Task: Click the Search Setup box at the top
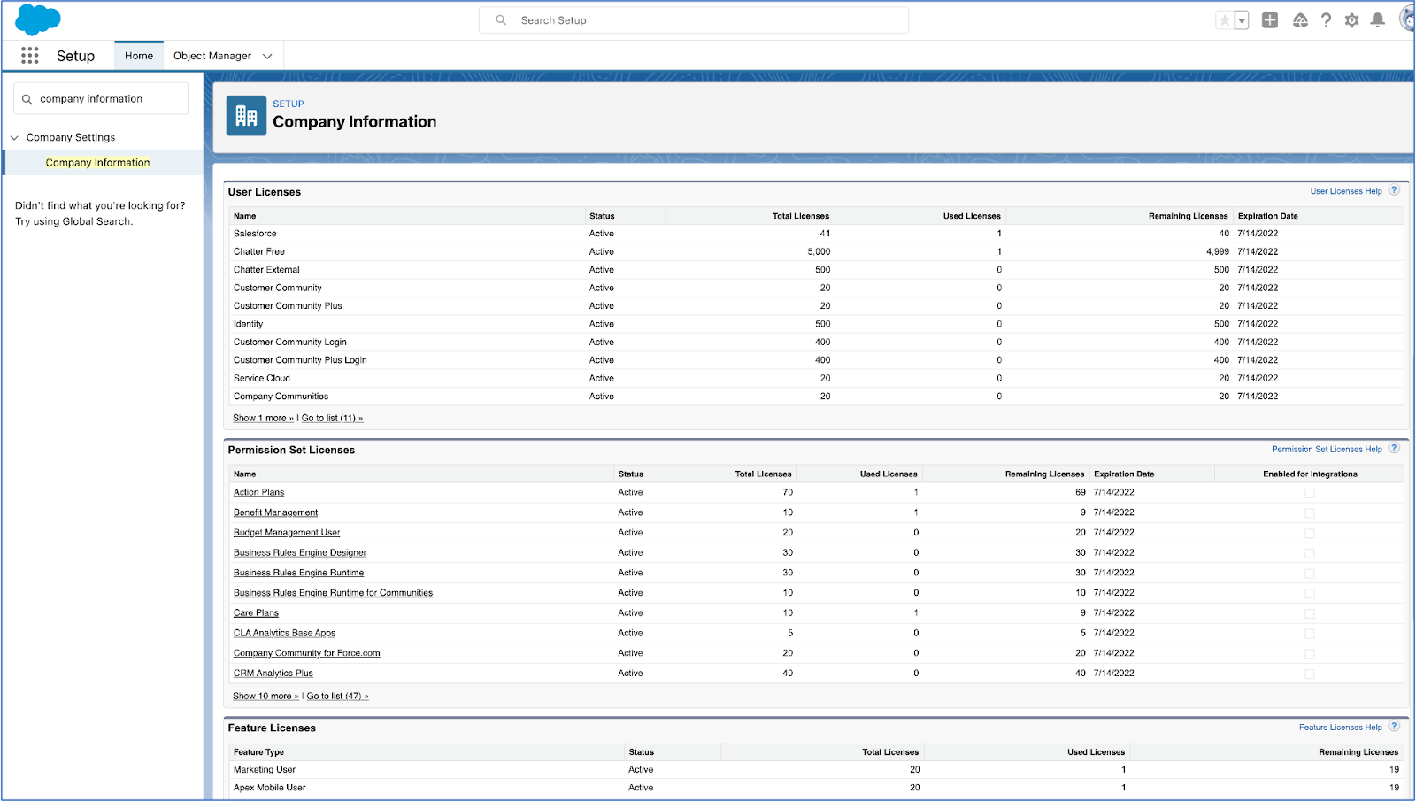[694, 20]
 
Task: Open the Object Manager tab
[212, 56]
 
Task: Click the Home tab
[139, 56]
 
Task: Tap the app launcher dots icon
[30, 56]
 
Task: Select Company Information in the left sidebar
[97, 163]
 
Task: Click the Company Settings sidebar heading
[71, 137]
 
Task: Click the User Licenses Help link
[1345, 191]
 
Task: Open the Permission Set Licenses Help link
[1326, 450]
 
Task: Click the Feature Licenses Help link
[1340, 728]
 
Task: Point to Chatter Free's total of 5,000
[819, 252]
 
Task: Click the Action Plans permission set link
[258, 493]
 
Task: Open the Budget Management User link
[287, 533]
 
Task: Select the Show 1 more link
[263, 419]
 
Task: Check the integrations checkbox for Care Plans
[1310, 613]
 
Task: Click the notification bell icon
[1377, 20]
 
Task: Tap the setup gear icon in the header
[1351, 20]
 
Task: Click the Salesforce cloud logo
[38, 19]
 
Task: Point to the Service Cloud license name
[262, 379]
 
